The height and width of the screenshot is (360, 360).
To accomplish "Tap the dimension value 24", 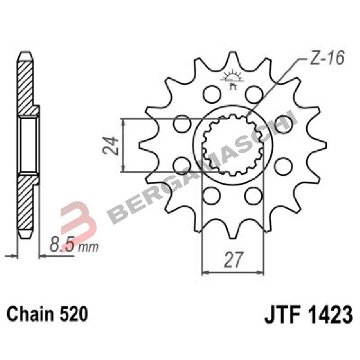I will [x=112, y=145].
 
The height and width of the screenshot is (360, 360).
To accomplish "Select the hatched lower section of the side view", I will [x=26, y=207].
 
